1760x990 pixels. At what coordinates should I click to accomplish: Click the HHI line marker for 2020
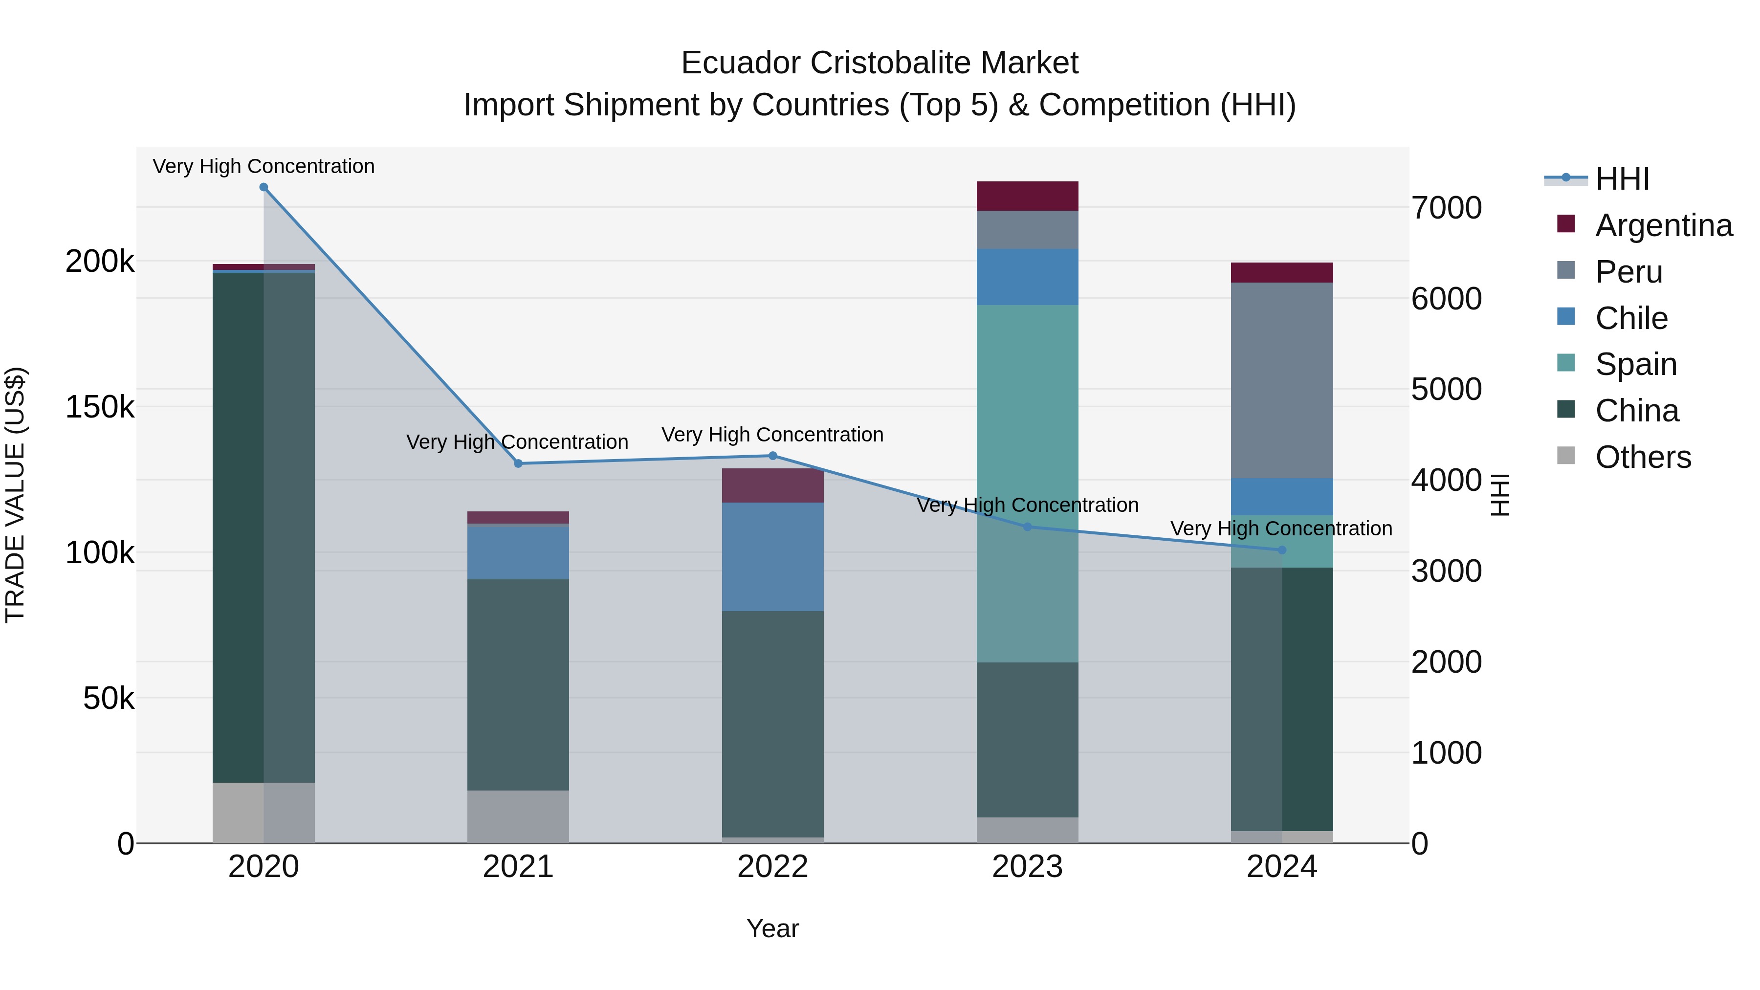tap(264, 187)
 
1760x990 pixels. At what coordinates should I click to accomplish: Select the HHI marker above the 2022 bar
tap(773, 456)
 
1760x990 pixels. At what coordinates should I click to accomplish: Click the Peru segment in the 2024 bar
tap(1282, 380)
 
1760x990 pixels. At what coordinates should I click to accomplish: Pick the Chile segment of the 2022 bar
tap(773, 556)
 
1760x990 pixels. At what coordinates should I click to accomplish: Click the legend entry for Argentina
tap(1663, 225)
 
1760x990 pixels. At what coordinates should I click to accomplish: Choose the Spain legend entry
tap(1636, 364)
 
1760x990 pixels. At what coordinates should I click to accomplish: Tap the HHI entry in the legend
tap(1622, 179)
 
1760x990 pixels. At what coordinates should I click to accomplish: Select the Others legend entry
tap(1643, 457)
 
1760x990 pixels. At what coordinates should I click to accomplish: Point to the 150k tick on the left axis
tap(100, 407)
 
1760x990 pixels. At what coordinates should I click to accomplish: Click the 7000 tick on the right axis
tap(1447, 208)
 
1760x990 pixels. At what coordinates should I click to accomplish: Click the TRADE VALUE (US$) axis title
tap(15, 495)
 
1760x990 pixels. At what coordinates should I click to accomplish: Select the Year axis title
tap(773, 928)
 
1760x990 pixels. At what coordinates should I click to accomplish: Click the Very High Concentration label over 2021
tap(517, 442)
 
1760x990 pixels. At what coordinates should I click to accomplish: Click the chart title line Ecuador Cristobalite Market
tap(880, 63)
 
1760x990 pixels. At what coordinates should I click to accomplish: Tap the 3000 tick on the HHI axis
tap(1447, 571)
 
